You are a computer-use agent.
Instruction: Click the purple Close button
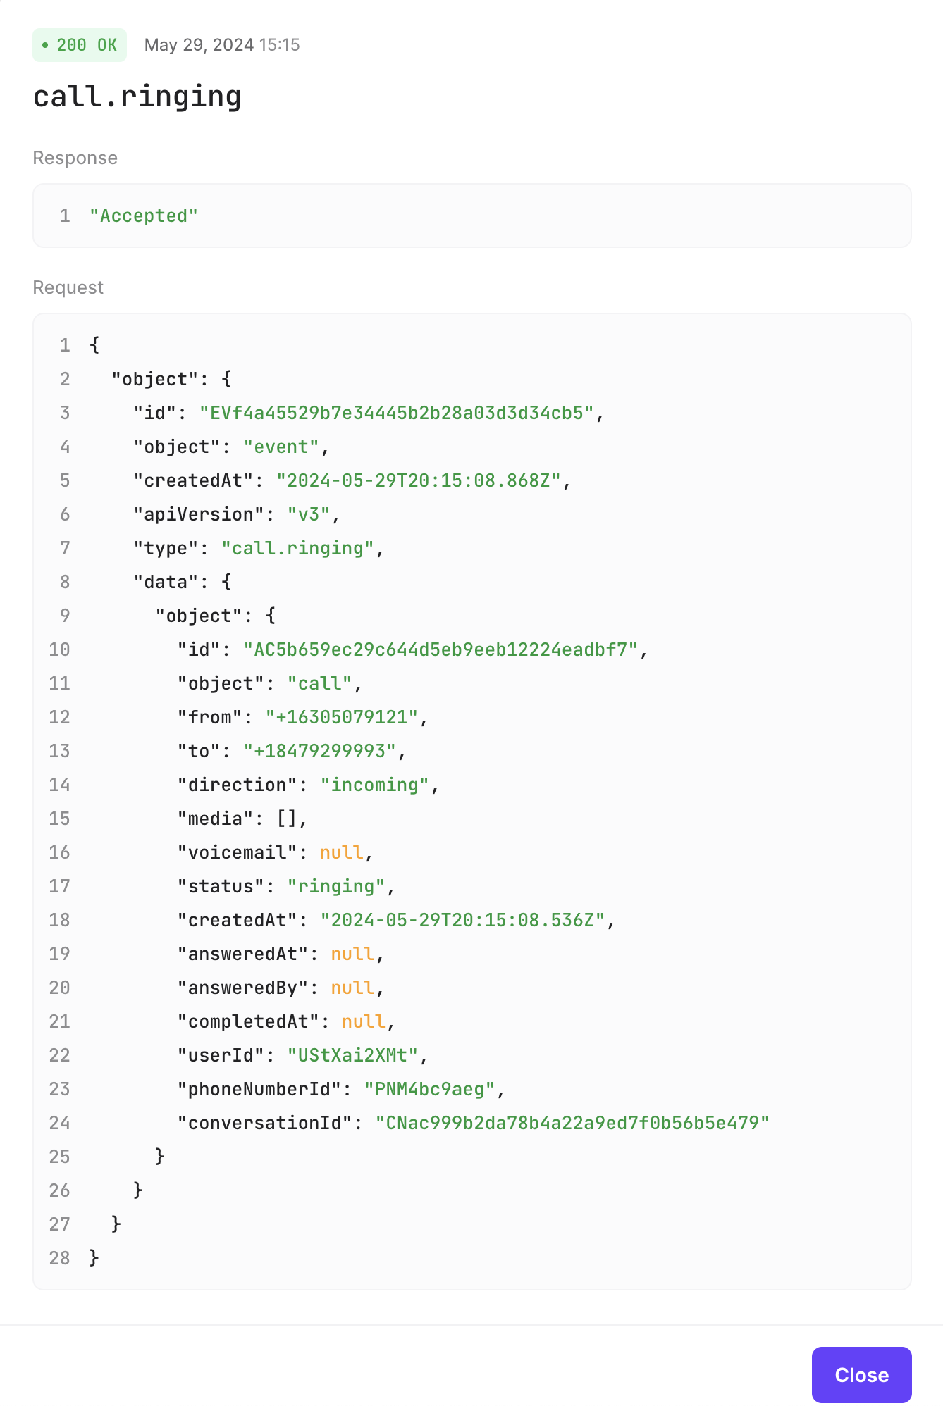[861, 1375]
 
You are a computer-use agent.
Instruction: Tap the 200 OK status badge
[80, 45]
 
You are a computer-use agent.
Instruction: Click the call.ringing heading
[137, 97]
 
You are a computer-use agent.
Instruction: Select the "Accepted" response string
[144, 216]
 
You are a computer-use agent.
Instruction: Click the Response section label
[75, 158]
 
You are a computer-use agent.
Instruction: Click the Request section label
[68, 287]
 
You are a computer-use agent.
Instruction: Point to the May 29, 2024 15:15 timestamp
[222, 45]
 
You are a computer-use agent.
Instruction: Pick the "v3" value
[309, 514]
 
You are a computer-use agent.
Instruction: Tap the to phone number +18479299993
[320, 751]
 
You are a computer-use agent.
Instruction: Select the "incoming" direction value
[374, 785]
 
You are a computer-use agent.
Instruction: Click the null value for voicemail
[342, 852]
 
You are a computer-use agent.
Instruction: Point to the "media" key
[216, 819]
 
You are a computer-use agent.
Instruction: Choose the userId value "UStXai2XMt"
[352, 1055]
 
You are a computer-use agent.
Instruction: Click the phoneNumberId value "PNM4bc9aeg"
[430, 1089]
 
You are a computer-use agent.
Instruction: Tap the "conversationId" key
[265, 1123]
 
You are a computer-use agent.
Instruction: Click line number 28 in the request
[60, 1258]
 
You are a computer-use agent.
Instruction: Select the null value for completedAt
[364, 1021]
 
